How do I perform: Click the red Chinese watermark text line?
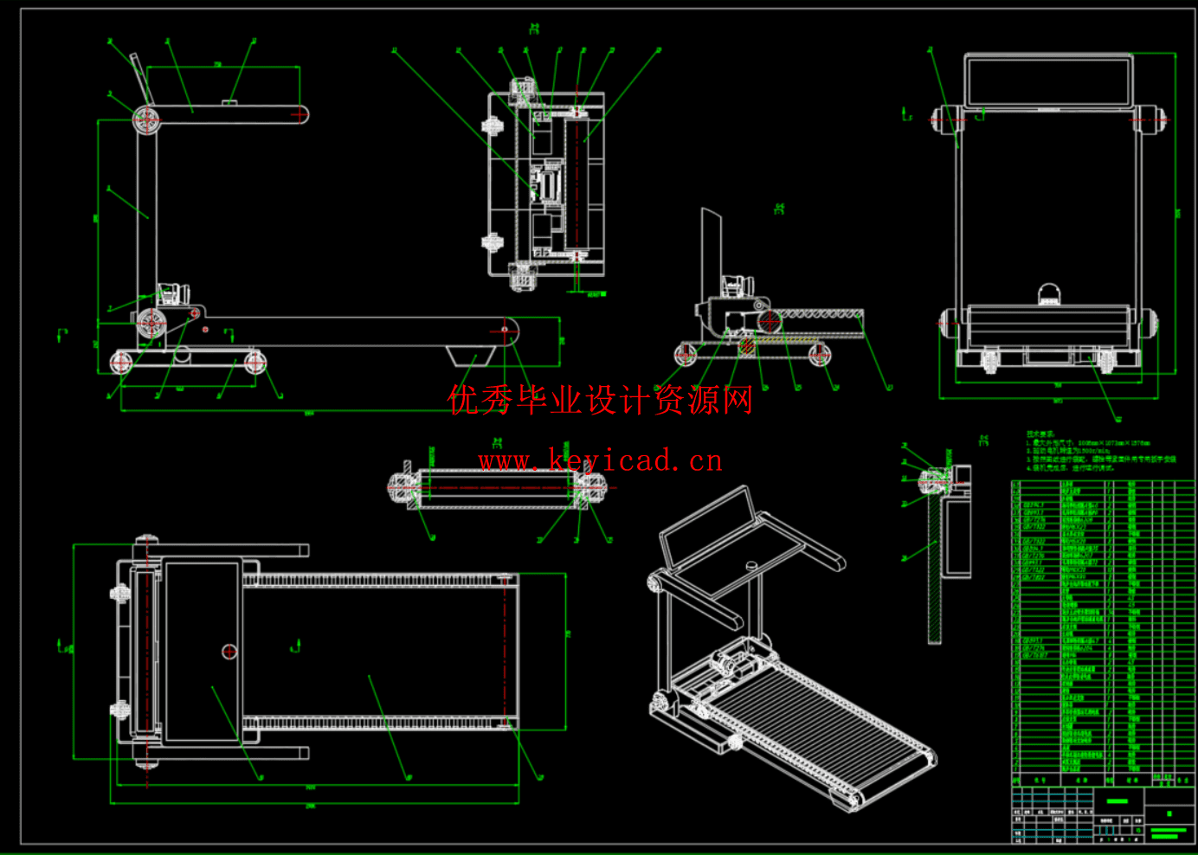601,401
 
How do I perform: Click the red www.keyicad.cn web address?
601,460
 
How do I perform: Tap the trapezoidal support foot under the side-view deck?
471,356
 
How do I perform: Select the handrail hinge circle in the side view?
146,119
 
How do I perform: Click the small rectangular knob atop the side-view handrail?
230,103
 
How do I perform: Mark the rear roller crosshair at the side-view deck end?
506,330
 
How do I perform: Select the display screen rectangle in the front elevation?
1048,81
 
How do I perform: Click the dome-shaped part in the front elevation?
1048,294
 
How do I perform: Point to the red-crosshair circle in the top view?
229,652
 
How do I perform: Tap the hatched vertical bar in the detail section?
935,571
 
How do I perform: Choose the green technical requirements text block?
1099,451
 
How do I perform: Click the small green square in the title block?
1169,813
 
